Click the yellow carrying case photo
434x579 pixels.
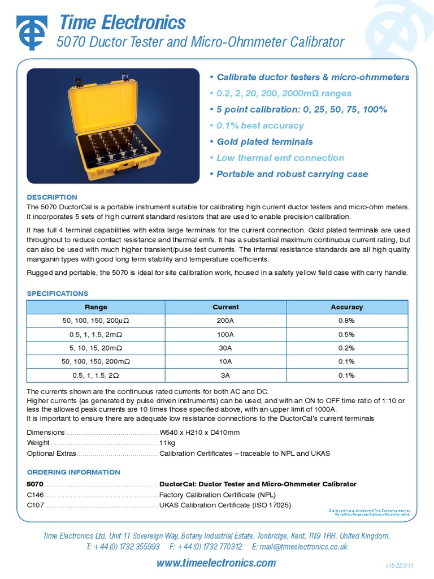(113, 126)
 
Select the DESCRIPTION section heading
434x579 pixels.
(52, 197)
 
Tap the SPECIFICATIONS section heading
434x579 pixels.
(58, 293)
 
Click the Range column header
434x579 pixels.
(96, 307)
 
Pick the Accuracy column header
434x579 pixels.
(346, 307)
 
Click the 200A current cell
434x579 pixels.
(225, 321)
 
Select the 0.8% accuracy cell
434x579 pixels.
(346, 321)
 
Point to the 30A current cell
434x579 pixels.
(225, 348)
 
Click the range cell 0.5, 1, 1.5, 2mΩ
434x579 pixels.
(96, 334)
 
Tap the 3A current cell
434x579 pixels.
(225, 375)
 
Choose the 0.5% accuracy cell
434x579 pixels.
(346, 334)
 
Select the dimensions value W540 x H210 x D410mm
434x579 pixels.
(199, 433)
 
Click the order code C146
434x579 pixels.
(36, 495)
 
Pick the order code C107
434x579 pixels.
(36, 505)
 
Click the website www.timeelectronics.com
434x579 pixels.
(216, 563)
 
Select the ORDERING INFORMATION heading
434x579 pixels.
(73, 472)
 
